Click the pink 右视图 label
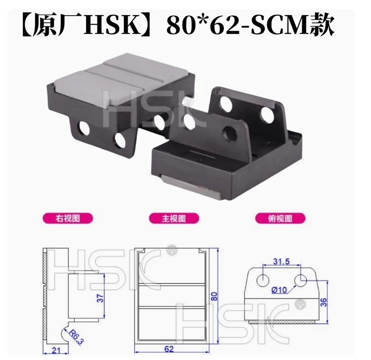(x=68, y=218)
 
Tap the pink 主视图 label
(x=174, y=218)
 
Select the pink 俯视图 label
(x=280, y=218)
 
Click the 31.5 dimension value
(x=282, y=262)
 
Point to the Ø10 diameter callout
(x=279, y=289)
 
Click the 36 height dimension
(x=323, y=302)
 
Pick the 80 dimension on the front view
(x=214, y=296)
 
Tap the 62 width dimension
(x=169, y=349)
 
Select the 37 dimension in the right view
(x=100, y=298)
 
